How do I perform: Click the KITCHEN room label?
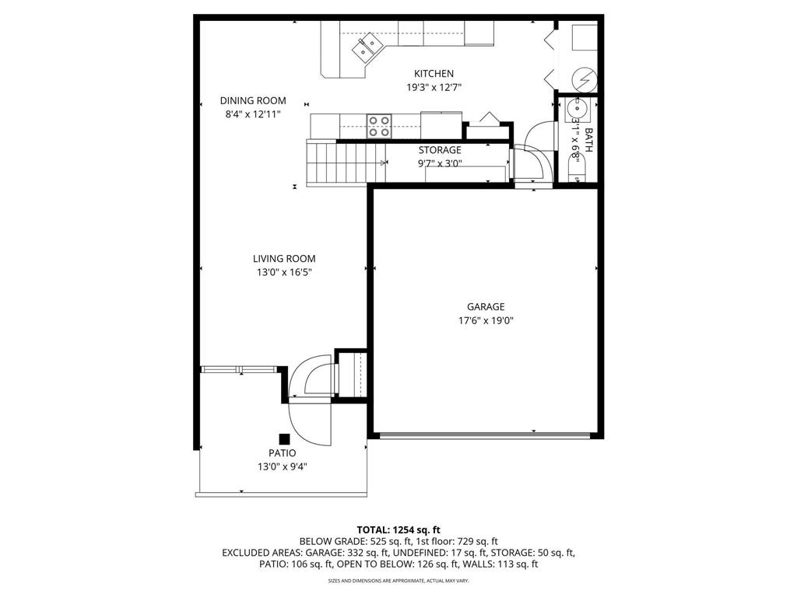[x=434, y=74]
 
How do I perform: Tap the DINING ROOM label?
[x=252, y=100]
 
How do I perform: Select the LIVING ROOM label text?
[x=283, y=259]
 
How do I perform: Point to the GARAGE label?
[x=486, y=306]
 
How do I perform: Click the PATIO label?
[x=283, y=452]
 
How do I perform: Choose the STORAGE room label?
[x=440, y=150]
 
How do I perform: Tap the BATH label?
[x=588, y=140]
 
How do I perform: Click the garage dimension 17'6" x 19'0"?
[x=486, y=320]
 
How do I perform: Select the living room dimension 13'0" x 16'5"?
[x=283, y=273]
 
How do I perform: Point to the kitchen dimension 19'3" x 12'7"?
[x=434, y=88]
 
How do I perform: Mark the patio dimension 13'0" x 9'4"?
[x=283, y=466]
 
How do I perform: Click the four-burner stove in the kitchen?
[x=379, y=125]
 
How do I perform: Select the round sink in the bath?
[x=577, y=107]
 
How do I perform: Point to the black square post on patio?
[x=285, y=439]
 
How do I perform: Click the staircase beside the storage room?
[x=335, y=162]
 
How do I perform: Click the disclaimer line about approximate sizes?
[x=398, y=581]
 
